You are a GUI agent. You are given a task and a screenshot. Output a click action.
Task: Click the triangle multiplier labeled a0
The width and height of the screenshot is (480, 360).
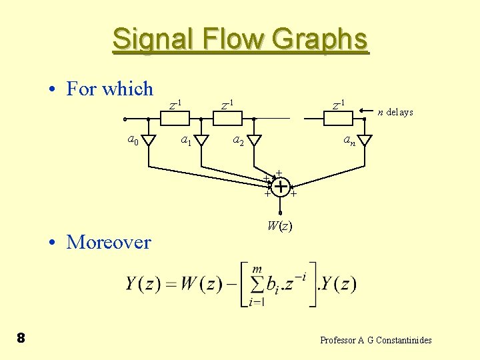(149, 141)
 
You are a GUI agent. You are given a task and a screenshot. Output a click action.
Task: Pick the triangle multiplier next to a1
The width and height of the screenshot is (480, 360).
(202, 141)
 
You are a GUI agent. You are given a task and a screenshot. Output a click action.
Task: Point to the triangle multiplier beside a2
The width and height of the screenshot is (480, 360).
(255, 141)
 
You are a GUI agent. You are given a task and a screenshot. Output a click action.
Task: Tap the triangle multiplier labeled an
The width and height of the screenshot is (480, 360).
(364, 141)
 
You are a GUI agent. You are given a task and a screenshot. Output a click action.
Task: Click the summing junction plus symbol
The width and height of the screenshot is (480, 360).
(281, 187)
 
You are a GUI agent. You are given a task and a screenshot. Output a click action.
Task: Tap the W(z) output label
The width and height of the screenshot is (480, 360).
(279, 226)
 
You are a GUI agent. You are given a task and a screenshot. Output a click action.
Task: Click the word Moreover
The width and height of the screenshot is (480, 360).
(109, 242)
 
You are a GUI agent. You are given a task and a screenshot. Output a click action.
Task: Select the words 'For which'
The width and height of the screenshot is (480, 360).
(110, 89)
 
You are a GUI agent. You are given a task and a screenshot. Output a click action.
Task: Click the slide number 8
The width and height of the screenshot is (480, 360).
(21, 339)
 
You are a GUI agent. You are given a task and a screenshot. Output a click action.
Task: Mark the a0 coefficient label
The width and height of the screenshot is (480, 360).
(133, 140)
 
